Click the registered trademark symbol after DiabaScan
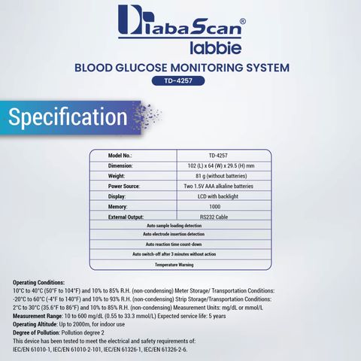(243, 22)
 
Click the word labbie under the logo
(216, 47)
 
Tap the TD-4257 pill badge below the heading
(178, 80)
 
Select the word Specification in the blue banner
(68, 117)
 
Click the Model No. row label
(120, 156)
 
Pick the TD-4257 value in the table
(218, 156)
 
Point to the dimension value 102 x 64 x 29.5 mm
(221, 165)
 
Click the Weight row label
(117, 176)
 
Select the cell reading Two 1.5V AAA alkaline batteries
(218, 187)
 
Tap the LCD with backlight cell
(218, 196)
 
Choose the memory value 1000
(215, 207)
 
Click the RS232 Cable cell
(214, 217)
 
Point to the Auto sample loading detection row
(174, 226)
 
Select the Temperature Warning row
(174, 265)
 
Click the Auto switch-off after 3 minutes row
(174, 254)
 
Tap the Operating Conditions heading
(38, 283)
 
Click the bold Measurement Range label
(38, 316)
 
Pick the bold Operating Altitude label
(35, 324)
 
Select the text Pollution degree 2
(83, 332)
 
